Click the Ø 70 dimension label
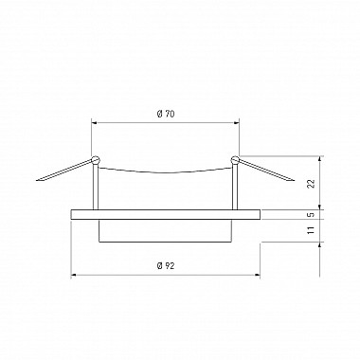(x=166, y=114)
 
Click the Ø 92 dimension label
(x=166, y=266)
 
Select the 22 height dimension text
(x=312, y=184)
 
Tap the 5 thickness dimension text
(x=312, y=214)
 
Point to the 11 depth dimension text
(x=312, y=229)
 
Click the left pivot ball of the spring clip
(x=95, y=160)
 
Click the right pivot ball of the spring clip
(x=235, y=160)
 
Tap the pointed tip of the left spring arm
(x=37, y=181)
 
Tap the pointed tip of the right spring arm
(x=294, y=181)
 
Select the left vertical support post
(x=96, y=187)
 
